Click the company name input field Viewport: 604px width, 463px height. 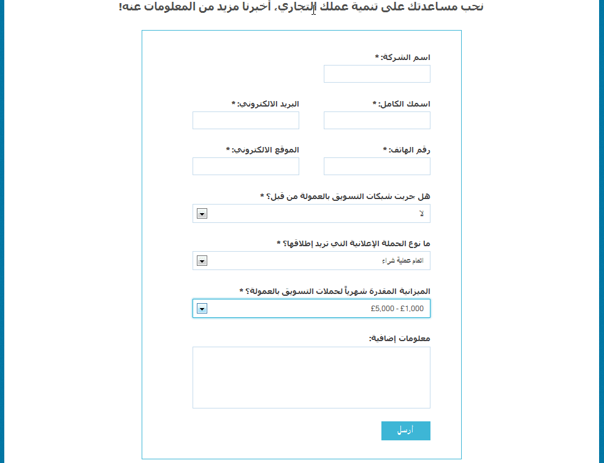tap(377, 73)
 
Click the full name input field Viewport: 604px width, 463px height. tap(377, 121)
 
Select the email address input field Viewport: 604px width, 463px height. tap(245, 121)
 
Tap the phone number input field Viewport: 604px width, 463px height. tap(377, 167)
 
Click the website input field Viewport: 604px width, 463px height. tap(245, 167)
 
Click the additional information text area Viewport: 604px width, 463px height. tap(311, 377)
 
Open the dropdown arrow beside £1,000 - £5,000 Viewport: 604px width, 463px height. tap(202, 309)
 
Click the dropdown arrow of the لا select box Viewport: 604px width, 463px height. tap(202, 214)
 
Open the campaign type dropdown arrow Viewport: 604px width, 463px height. tap(202, 261)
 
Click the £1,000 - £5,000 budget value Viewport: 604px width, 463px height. tap(397, 309)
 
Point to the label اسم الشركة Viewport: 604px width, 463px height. tap(405, 58)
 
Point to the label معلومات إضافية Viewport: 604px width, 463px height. tap(399, 339)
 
